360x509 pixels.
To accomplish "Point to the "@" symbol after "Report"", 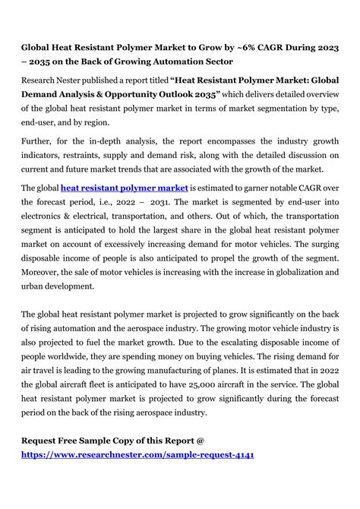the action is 201,440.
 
